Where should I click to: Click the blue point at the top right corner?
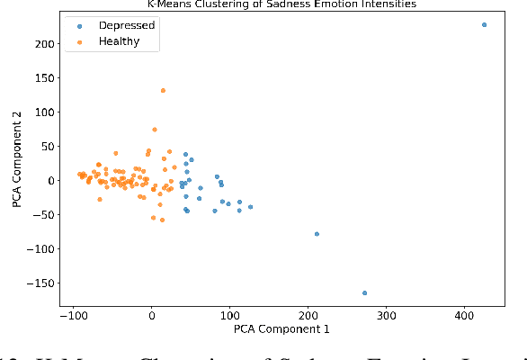point(484,25)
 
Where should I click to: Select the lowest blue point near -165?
point(364,292)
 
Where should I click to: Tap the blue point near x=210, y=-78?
point(317,234)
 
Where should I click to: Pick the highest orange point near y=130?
point(163,90)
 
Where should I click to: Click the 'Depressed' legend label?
point(126,25)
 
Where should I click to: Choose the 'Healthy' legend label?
point(120,41)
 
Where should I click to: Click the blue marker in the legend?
point(80,25)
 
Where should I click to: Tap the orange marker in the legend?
point(80,41)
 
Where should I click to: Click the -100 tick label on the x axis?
point(73,316)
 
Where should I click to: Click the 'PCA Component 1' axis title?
point(282,329)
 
